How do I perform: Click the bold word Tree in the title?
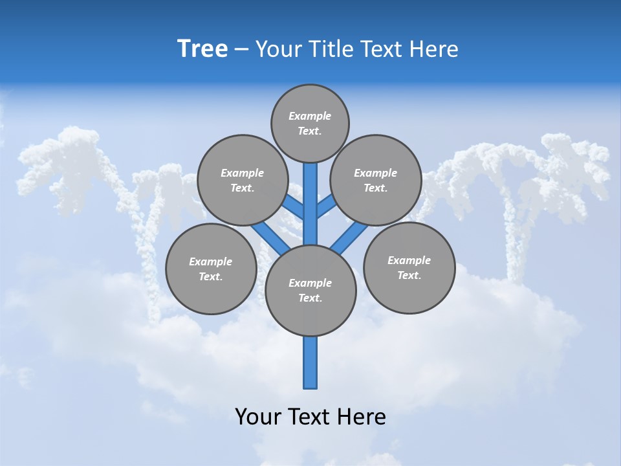[x=202, y=49]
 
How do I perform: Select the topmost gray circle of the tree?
[x=310, y=123]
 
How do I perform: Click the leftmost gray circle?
[x=211, y=269]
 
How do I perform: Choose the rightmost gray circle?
[x=409, y=267]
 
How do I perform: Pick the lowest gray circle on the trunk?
[x=310, y=291]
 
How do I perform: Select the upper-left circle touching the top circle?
[x=243, y=180]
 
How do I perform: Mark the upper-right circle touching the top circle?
[x=376, y=180]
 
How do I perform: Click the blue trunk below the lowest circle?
[x=310, y=362]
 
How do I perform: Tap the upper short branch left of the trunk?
[x=294, y=207]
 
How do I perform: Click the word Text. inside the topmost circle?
[x=310, y=131]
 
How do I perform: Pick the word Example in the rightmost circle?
[x=409, y=260]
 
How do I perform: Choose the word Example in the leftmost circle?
[x=210, y=261]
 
